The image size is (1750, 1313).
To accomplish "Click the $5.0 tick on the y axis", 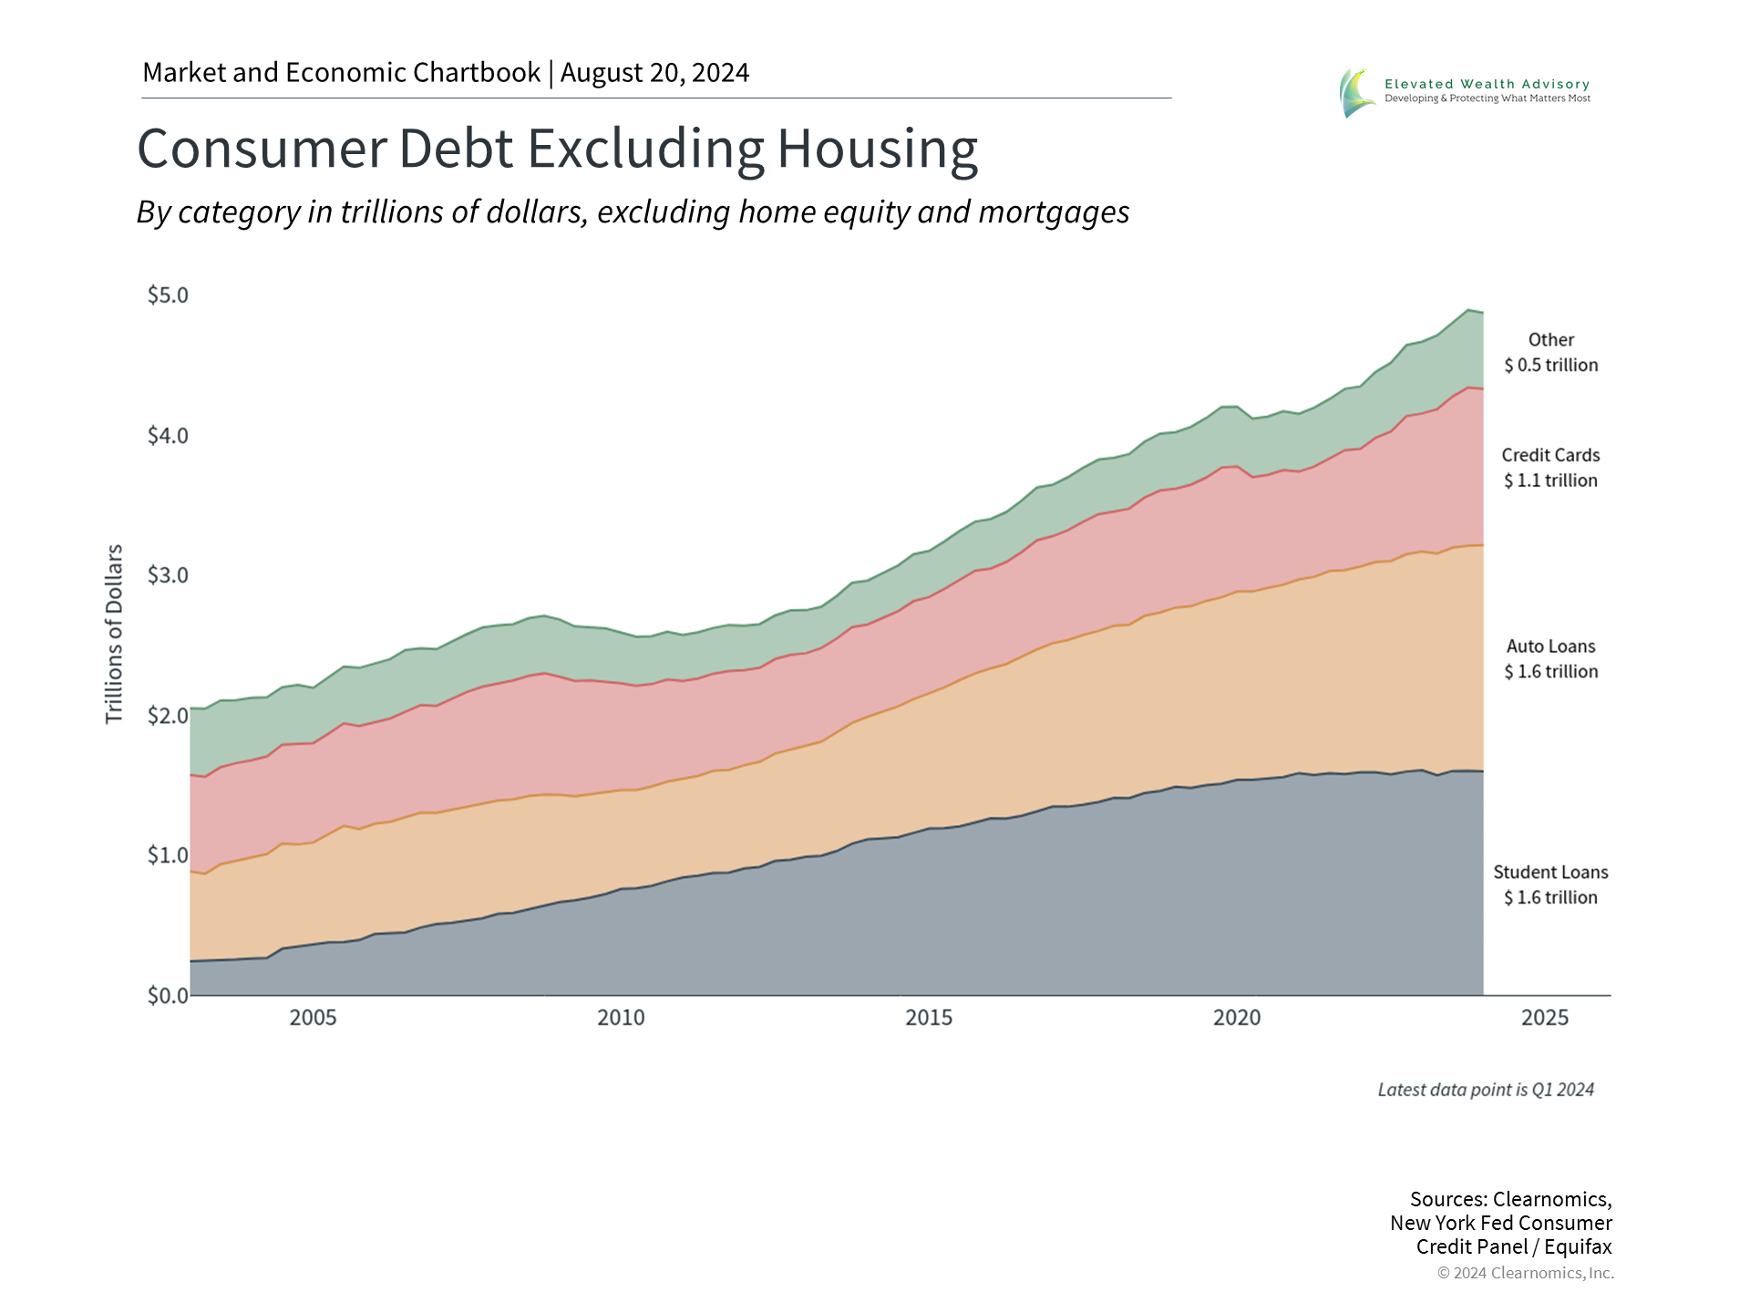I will pyautogui.click(x=168, y=295).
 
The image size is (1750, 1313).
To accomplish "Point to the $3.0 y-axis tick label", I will pyautogui.click(x=168, y=575).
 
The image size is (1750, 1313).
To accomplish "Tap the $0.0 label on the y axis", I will pyautogui.click(x=168, y=995).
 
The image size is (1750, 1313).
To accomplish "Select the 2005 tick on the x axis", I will pyautogui.click(x=313, y=1018).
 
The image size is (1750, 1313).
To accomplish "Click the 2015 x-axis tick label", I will pyautogui.click(x=929, y=1018).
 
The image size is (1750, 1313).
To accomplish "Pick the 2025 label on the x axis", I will pyautogui.click(x=1545, y=1018).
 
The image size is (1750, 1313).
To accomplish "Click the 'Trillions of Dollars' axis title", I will pyautogui.click(x=114, y=635).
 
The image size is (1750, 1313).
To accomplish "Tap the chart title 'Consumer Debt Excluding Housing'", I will pyautogui.click(x=557, y=149).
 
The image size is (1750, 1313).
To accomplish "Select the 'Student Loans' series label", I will pyautogui.click(x=1550, y=873).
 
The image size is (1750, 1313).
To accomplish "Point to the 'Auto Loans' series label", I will pyautogui.click(x=1550, y=646).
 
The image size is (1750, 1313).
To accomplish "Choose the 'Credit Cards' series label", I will pyautogui.click(x=1550, y=455).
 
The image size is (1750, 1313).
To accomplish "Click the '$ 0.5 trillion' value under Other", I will pyautogui.click(x=1550, y=366).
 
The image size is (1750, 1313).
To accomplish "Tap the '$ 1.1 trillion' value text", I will pyautogui.click(x=1550, y=481).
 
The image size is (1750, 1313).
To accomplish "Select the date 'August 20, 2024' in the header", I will pyautogui.click(x=654, y=73).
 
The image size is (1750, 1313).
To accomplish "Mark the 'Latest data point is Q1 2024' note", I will pyautogui.click(x=1486, y=1090).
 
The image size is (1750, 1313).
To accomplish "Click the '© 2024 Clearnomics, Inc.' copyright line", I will pyautogui.click(x=1525, y=1273).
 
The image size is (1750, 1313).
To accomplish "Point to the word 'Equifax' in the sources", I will pyautogui.click(x=1578, y=1246).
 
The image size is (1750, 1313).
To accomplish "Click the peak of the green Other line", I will pyautogui.click(x=1468, y=310).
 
